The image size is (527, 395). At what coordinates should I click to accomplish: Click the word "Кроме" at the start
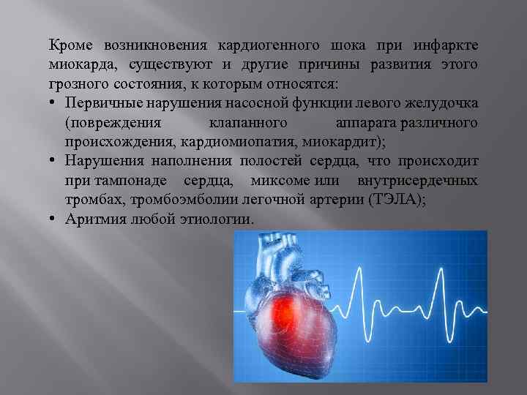(69, 45)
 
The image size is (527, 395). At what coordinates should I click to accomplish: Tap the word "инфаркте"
(449, 45)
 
